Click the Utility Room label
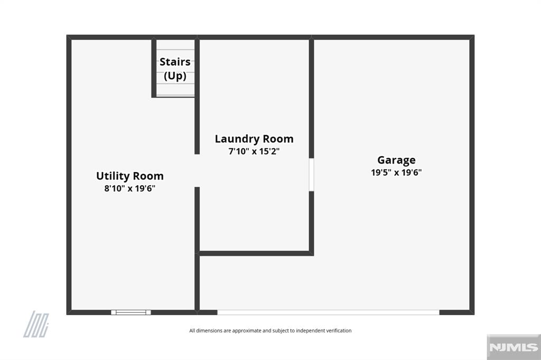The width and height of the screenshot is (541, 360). [130, 176]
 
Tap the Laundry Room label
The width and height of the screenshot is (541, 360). [254, 139]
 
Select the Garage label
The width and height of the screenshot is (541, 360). [396, 160]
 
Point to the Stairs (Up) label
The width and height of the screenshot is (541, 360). [175, 69]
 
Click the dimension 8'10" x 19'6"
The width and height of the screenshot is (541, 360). [130, 188]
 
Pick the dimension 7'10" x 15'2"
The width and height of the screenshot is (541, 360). [254, 151]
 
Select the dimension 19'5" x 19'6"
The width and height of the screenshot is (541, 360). [396, 173]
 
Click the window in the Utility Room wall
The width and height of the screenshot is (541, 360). [131, 312]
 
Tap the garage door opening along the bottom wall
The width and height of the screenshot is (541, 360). [328, 312]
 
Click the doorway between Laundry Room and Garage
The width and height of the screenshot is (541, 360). [311, 175]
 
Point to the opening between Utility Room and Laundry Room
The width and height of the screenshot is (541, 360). [197, 170]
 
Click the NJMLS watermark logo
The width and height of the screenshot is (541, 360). [514, 347]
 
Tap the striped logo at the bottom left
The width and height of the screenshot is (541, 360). [36, 324]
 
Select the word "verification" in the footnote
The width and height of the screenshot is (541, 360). [339, 330]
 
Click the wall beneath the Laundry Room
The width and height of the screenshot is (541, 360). [256, 253]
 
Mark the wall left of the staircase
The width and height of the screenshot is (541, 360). [154, 68]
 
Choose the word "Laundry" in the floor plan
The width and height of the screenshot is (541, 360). [237, 139]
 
